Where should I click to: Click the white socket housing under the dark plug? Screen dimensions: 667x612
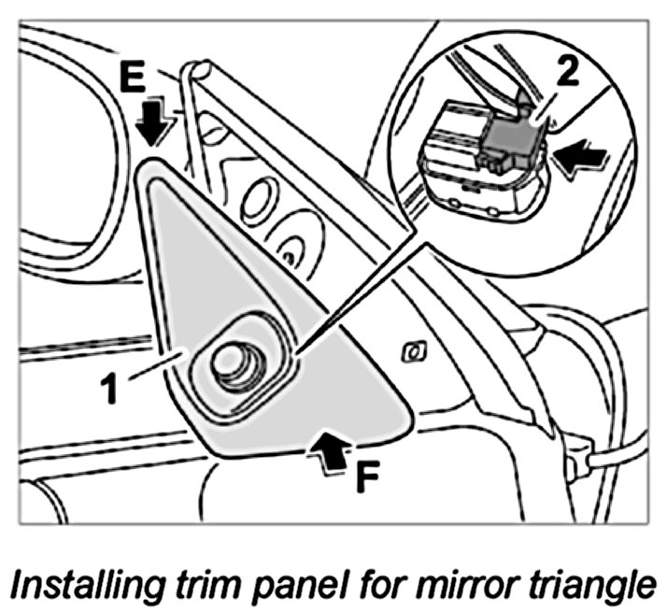click(x=458, y=159)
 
